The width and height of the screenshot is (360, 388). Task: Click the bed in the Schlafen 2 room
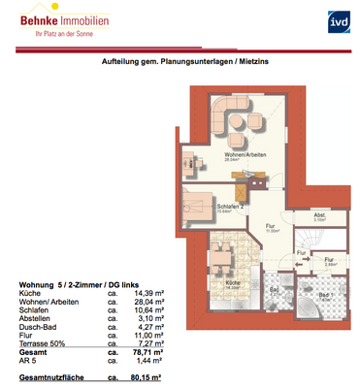(199, 205)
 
